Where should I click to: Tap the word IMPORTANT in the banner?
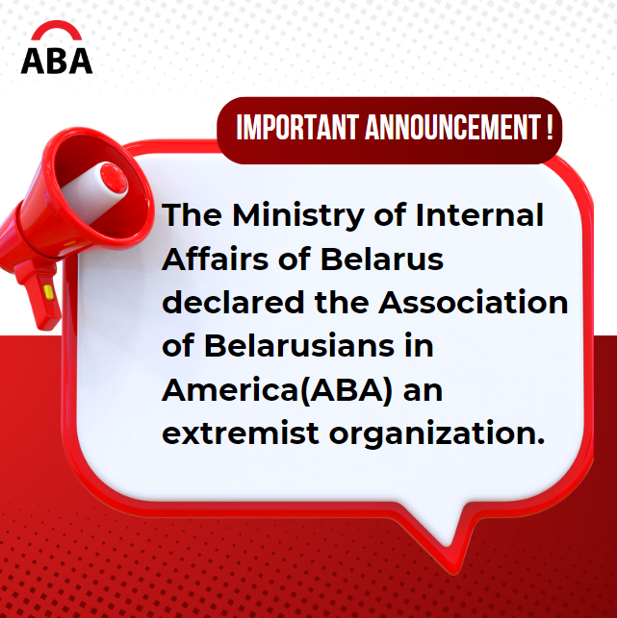coord(297,128)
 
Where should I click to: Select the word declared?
coord(232,302)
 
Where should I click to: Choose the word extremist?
coord(239,434)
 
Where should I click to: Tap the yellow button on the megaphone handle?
coord(48,288)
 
